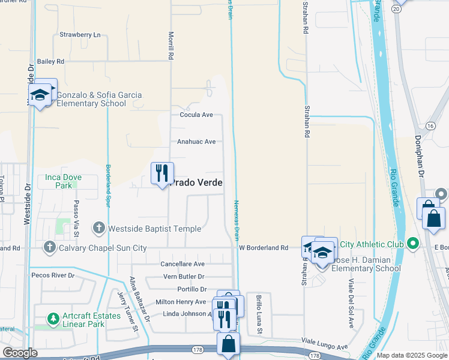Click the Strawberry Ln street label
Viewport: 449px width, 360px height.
coord(80,35)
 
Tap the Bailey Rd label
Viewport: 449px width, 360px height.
coord(50,61)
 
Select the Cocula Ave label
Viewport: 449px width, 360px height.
coord(196,115)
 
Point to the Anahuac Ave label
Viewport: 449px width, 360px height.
coord(196,142)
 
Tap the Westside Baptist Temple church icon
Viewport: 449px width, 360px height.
coord(99,228)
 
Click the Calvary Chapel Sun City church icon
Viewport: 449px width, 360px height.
coord(50,247)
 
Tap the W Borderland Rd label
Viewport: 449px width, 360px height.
coord(264,247)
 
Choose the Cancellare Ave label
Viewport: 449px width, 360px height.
coord(182,263)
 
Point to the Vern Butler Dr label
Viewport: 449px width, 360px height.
coord(184,277)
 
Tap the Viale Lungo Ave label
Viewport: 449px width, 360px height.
coord(324,347)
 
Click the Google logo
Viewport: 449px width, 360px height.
coord(20,353)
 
